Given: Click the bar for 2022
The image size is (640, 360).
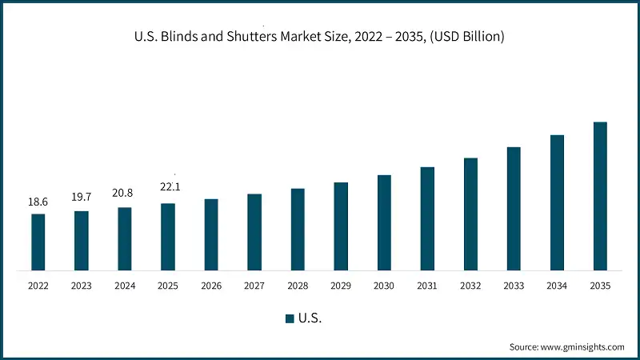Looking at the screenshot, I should tap(38, 242).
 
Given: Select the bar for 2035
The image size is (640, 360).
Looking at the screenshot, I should tap(600, 196).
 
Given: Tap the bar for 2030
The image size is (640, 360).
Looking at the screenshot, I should tap(384, 222).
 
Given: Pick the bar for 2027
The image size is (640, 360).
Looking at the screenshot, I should tap(254, 232).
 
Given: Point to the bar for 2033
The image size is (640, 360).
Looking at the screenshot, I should tap(514, 209).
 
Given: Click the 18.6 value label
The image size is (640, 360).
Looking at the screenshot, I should tap(38, 202).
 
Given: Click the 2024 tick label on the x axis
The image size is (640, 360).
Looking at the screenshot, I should tap(125, 286).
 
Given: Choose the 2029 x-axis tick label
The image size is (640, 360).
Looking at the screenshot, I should tap(341, 286).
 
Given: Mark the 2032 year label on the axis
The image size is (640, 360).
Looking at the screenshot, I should tap(470, 286).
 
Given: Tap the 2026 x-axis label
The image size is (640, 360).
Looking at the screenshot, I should tap(211, 286).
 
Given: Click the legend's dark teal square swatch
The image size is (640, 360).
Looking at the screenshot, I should tap(290, 318).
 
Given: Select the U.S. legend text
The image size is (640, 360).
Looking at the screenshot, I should tap(310, 318).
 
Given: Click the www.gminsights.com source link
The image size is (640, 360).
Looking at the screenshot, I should tap(582, 347).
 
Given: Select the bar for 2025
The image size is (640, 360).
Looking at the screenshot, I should tap(168, 237).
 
